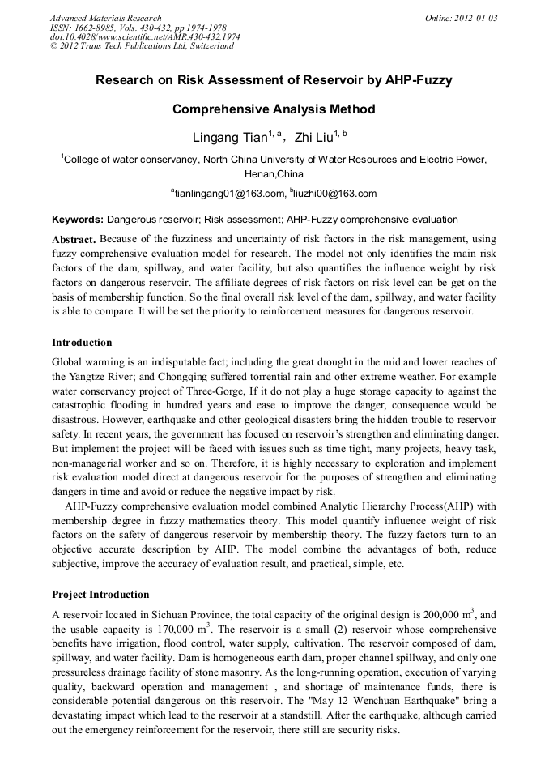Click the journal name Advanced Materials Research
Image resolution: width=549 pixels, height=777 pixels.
(x=105, y=18)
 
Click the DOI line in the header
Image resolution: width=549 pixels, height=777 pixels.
(x=145, y=36)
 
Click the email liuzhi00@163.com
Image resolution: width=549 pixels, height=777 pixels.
(x=335, y=194)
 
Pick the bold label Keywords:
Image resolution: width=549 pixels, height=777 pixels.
(x=78, y=220)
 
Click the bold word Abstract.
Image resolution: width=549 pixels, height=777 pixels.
(x=74, y=240)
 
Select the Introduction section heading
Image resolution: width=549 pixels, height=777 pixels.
(x=82, y=343)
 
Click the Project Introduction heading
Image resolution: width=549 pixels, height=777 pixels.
(x=100, y=594)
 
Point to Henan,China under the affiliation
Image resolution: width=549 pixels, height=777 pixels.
(x=274, y=174)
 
